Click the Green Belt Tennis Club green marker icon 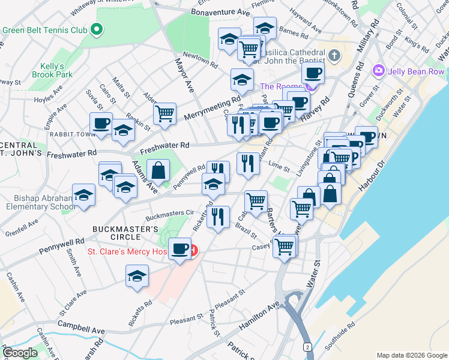95,30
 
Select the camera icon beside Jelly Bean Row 378,71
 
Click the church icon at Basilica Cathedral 334,56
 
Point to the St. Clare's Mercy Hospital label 136,251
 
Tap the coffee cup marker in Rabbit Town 101,124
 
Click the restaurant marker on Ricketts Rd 218,217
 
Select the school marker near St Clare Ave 137,276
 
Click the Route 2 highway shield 308,347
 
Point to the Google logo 20,353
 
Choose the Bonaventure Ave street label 220,12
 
